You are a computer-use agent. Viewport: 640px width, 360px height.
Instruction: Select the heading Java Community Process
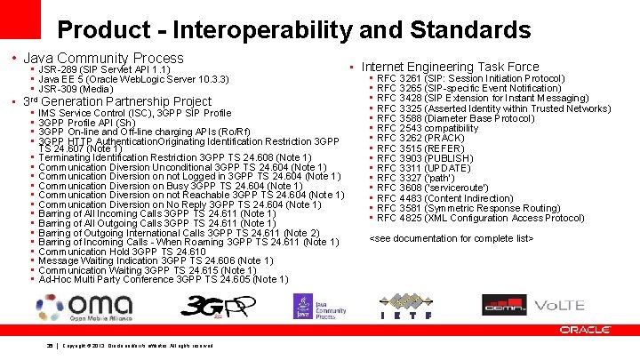[x=103, y=59]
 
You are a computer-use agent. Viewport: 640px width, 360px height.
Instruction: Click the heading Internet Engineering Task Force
[x=450, y=67]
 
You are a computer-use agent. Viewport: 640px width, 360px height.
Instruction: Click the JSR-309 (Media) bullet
[x=76, y=89]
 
